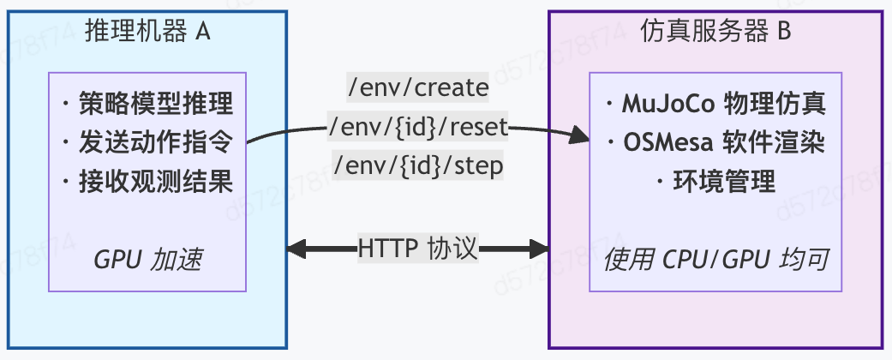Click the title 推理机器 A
147,32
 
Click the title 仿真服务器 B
715,32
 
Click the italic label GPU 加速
147,261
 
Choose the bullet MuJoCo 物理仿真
715,105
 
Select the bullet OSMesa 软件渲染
715,143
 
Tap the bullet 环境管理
715,182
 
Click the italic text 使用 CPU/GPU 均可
715,261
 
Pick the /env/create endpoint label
417,88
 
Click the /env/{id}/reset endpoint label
419,128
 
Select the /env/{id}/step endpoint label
417,165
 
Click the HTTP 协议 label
417,249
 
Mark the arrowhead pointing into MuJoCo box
580,135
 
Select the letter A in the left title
203,32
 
